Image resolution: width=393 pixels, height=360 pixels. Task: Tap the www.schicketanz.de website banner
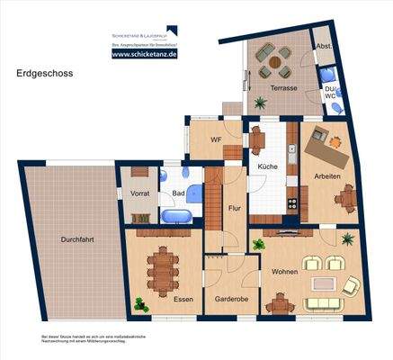(144, 54)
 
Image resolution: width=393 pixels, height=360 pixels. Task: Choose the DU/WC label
(331, 94)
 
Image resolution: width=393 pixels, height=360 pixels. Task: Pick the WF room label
(216, 140)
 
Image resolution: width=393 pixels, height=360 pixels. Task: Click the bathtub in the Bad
(175, 216)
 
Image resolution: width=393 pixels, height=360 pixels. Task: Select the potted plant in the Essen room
(140, 302)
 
